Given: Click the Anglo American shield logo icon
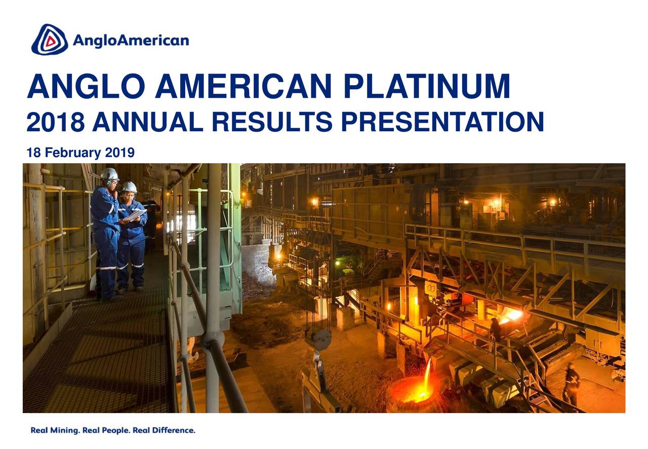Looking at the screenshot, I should pyautogui.click(x=49, y=40).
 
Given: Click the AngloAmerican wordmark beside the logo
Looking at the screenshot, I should pyautogui.click(x=131, y=41).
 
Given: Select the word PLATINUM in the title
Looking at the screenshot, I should pyautogui.click(x=426, y=87).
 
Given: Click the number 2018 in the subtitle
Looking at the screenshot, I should pyautogui.click(x=55, y=123).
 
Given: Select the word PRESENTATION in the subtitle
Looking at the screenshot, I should pyautogui.click(x=441, y=123).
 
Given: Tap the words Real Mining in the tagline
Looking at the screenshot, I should pyautogui.click(x=54, y=431).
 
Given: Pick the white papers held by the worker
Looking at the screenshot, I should pyautogui.click(x=135, y=215).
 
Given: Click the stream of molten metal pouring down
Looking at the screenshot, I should pyautogui.click(x=428, y=372).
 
